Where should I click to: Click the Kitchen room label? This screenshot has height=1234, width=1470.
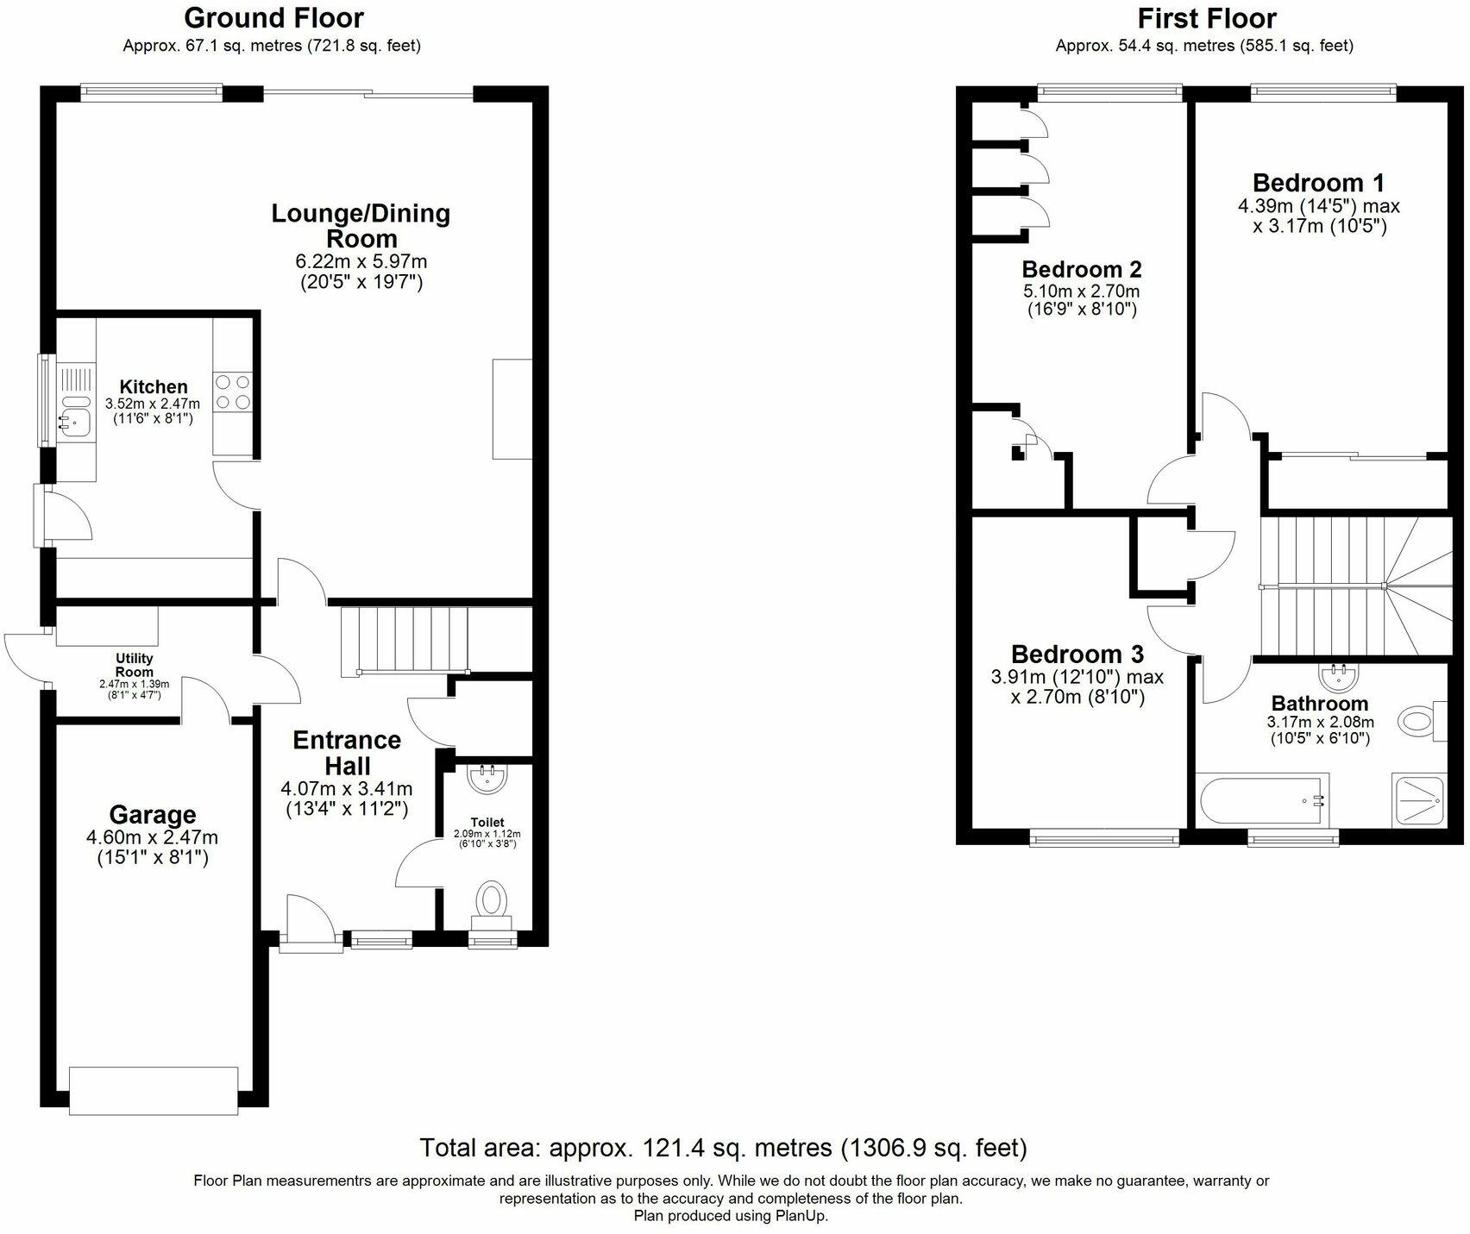click(153, 386)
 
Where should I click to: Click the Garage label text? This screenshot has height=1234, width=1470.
click(153, 814)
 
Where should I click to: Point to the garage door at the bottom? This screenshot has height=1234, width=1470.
click(154, 1090)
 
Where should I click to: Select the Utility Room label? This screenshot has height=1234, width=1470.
click(135, 665)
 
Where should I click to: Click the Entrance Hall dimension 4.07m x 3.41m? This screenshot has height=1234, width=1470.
click(346, 788)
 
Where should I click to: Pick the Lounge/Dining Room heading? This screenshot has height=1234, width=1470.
click(361, 225)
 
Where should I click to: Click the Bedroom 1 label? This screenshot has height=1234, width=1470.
click(1318, 183)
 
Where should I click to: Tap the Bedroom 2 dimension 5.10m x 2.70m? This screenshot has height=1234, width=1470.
click(1082, 291)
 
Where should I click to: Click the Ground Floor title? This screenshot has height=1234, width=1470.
click(273, 17)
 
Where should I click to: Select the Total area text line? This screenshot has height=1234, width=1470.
click(723, 1148)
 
